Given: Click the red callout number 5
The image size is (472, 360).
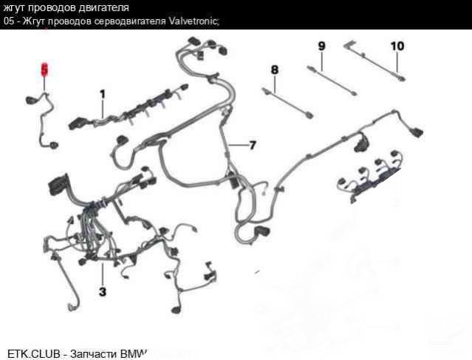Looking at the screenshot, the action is (44, 70).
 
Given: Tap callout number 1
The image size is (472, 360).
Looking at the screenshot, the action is (103, 95).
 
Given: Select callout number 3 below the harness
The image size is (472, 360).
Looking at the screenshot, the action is (103, 291).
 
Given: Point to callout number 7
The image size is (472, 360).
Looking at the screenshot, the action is (253, 145).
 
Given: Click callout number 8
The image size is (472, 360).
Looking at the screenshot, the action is (275, 70).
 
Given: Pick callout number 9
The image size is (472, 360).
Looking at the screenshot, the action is (322, 46).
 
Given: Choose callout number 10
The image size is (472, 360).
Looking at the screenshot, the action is (397, 46).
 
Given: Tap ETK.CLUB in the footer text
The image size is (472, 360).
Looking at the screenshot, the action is (33, 353).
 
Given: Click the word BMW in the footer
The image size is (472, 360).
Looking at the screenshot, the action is (134, 353).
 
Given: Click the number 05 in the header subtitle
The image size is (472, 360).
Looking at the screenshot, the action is (9, 21).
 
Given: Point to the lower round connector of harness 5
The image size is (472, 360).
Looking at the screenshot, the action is (54, 146).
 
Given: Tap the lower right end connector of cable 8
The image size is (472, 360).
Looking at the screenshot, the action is (309, 115).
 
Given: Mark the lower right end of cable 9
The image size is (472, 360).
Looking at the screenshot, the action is (355, 93).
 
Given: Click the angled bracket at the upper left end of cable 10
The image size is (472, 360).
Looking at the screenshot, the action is (348, 45).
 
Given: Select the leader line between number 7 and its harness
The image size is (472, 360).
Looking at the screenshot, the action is (239, 146).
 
